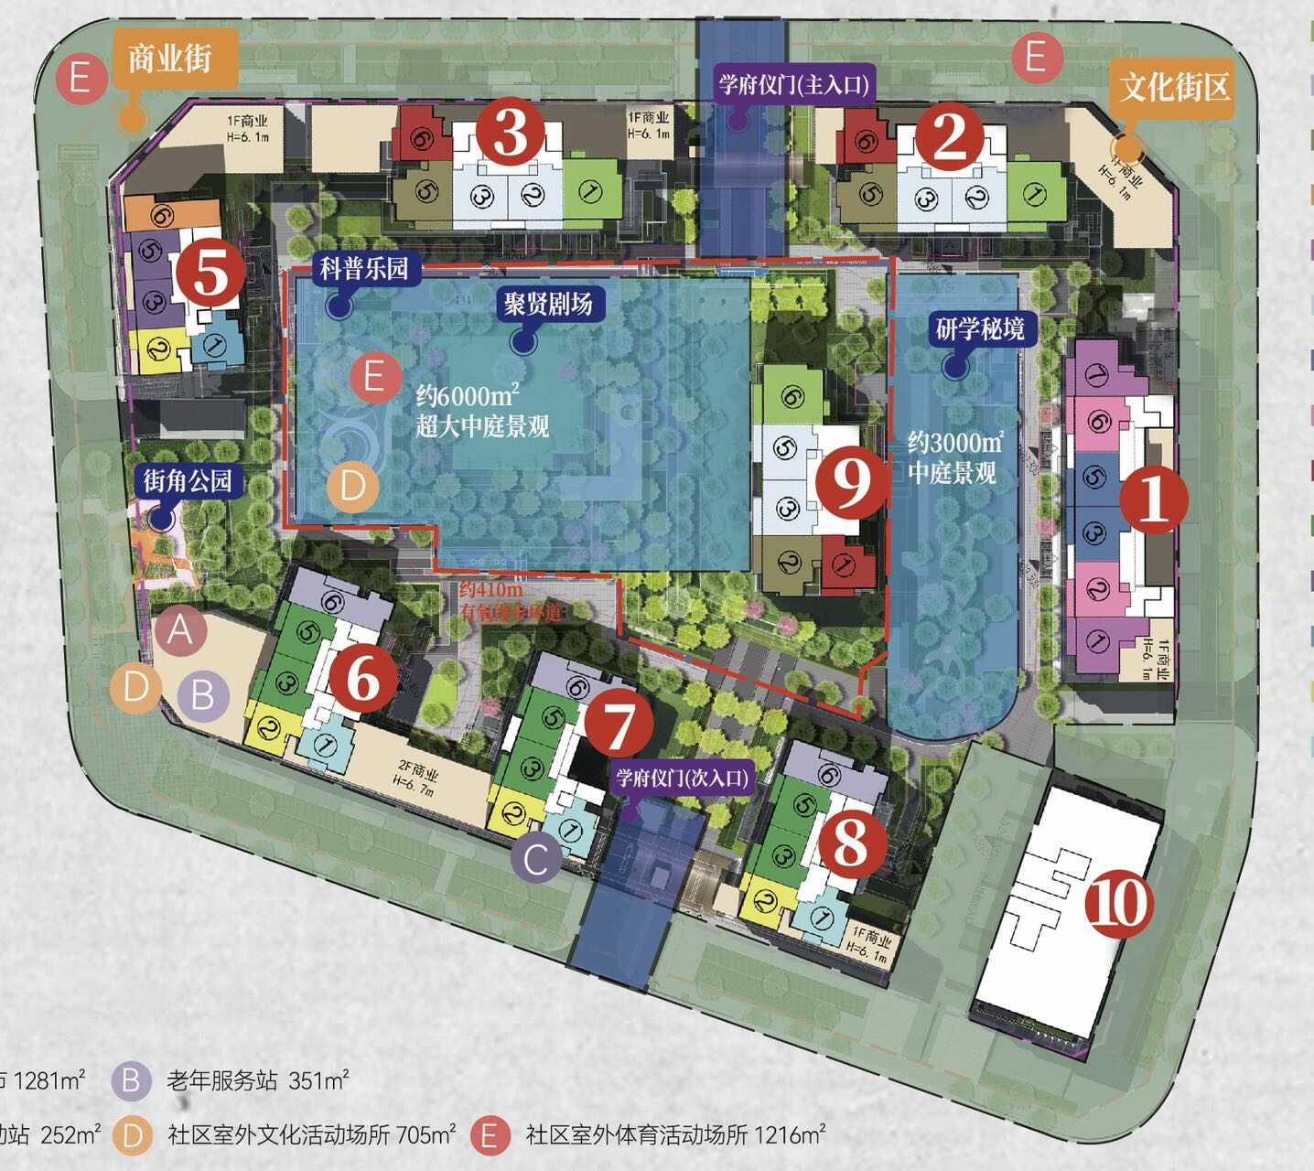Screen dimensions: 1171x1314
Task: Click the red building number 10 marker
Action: click(1119, 904)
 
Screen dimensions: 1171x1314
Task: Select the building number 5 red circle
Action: click(210, 273)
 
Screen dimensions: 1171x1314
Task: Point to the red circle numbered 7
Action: click(619, 724)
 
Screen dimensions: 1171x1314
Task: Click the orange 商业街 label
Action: click(169, 59)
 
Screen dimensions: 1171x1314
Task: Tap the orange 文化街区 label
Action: click(1174, 88)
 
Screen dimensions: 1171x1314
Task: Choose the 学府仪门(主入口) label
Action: click(792, 85)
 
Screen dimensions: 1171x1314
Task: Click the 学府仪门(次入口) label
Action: click(682, 779)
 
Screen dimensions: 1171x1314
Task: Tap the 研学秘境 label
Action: click(980, 328)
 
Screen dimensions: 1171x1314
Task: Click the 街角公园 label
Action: click(187, 480)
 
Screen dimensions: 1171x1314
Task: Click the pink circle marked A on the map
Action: click(180, 629)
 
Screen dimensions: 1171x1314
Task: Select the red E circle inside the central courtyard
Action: click(373, 376)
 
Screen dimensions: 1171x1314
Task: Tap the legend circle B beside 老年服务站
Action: click(132, 1080)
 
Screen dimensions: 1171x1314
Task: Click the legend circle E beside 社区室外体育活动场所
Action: click(490, 1135)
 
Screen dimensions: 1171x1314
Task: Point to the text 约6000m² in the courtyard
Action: click(468, 395)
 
